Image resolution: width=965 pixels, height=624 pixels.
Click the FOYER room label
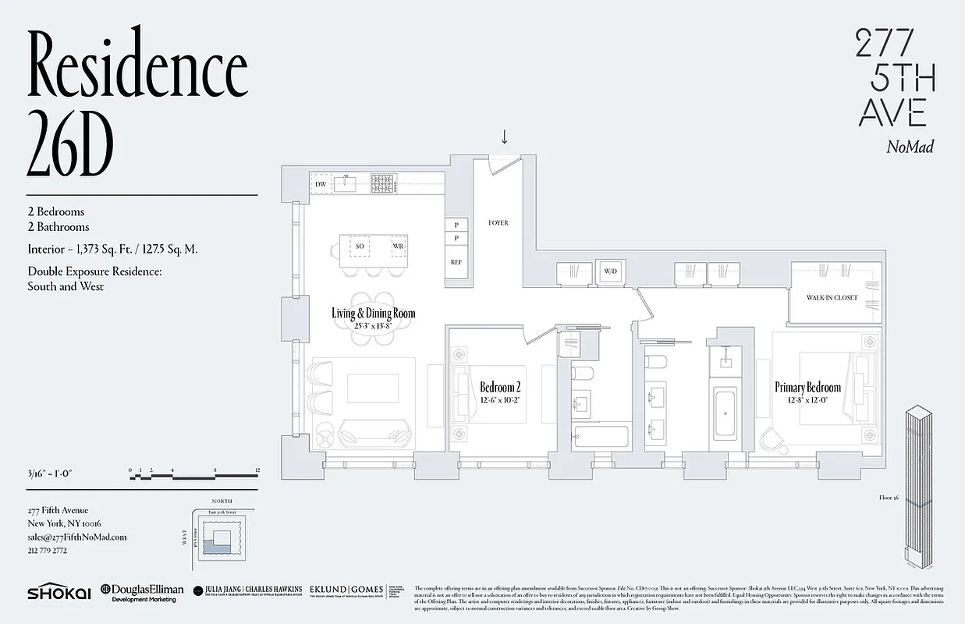click(498, 223)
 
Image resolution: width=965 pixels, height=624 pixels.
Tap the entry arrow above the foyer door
click(504, 137)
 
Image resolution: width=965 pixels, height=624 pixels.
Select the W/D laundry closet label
click(610, 271)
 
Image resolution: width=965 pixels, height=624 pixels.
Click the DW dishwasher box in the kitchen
click(320, 184)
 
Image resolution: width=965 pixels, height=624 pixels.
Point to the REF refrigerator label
click(456, 262)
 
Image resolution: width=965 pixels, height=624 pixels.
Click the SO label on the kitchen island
click(360, 246)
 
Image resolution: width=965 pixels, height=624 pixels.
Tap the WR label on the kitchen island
click(398, 246)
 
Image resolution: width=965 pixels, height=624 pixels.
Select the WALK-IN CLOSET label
click(832, 297)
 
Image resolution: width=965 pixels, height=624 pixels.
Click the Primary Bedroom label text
click(807, 388)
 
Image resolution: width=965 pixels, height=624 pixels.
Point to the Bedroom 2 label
click(499, 388)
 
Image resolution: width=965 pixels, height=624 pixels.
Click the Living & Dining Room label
click(373, 314)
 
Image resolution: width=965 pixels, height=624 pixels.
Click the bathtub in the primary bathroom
click(726, 411)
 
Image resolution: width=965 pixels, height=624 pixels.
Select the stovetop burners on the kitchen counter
click(382, 184)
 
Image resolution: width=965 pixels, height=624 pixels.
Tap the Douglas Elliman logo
click(140, 593)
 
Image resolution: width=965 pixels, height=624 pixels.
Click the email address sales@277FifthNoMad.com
click(76, 537)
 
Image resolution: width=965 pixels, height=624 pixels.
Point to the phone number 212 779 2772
click(47, 550)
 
